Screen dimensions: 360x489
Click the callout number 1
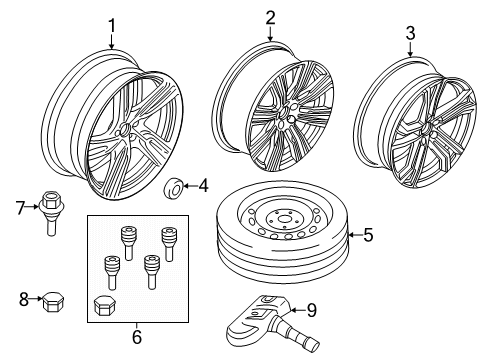(x=112, y=25)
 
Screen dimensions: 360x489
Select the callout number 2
(x=270, y=17)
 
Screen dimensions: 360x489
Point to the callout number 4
(x=203, y=184)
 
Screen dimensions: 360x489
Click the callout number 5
(x=367, y=236)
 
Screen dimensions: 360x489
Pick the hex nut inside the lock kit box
(x=103, y=306)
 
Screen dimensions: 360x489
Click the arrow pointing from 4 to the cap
(x=190, y=185)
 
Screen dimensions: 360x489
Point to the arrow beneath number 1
(x=112, y=42)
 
